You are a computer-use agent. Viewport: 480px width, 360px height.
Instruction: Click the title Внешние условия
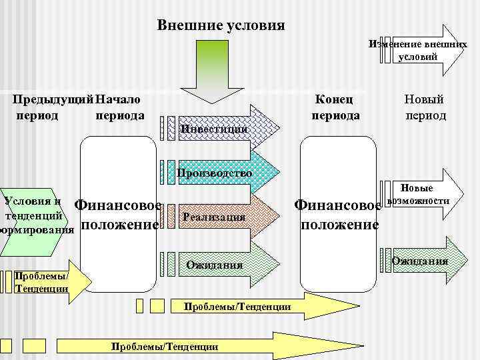pos(221,26)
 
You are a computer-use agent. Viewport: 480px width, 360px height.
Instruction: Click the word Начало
pos(118,99)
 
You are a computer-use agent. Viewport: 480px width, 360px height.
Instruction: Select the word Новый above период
pos(425,99)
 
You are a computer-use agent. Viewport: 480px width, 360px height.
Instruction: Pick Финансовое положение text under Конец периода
pos(339,215)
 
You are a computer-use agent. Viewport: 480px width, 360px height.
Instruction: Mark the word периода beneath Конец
pos(336,115)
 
